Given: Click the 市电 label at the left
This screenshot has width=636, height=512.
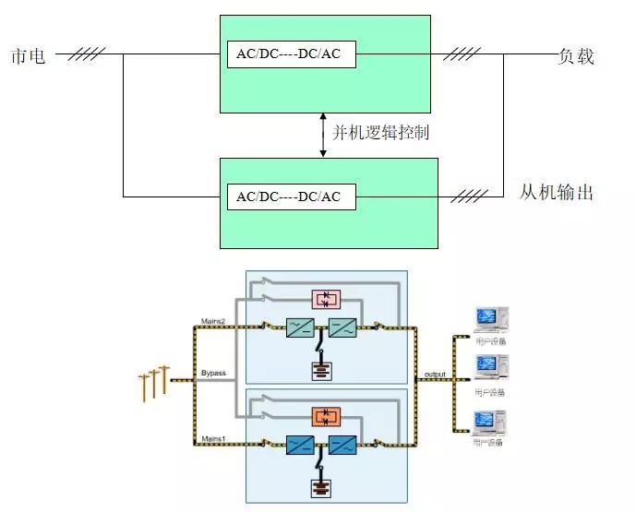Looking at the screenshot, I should point(28,54).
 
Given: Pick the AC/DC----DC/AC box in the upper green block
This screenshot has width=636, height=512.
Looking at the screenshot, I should point(289,54).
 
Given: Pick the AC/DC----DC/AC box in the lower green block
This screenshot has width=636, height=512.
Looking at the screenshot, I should point(289,196).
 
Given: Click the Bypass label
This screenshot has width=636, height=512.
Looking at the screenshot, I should point(213,374).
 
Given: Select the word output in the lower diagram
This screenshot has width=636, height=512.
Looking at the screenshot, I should point(435,374).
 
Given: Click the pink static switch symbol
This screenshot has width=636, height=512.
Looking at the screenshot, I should point(325,299).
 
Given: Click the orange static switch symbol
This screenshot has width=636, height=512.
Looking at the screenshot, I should point(325,415).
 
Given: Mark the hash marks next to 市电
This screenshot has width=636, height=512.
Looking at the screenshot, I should point(86,54).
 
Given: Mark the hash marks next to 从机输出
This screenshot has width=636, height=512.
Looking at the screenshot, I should point(469,196).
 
